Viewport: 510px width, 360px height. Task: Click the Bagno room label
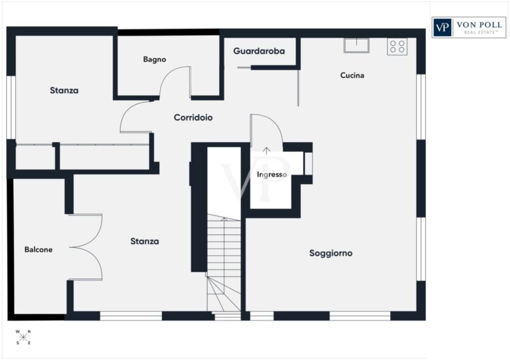[x=154, y=59]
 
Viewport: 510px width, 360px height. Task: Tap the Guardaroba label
[x=259, y=51]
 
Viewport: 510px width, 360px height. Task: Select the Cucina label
[x=352, y=75]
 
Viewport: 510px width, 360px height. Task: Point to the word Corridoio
[x=193, y=117]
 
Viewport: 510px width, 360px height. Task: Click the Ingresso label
[x=272, y=175]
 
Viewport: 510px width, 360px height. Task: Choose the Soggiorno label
[x=331, y=253]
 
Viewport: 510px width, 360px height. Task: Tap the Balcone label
[x=38, y=249]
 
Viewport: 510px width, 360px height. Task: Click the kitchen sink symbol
[x=356, y=45]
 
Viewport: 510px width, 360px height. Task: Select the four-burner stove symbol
[x=397, y=47]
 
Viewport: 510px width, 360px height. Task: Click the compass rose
[x=23, y=337]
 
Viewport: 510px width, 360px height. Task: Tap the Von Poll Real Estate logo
[x=469, y=27]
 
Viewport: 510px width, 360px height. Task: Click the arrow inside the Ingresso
[x=266, y=151]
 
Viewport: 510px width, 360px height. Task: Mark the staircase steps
[x=224, y=263]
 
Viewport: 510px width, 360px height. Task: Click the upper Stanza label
[x=64, y=90]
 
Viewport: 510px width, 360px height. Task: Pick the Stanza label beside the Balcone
[x=145, y=241]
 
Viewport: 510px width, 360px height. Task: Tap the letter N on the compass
[x=29, y=332]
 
